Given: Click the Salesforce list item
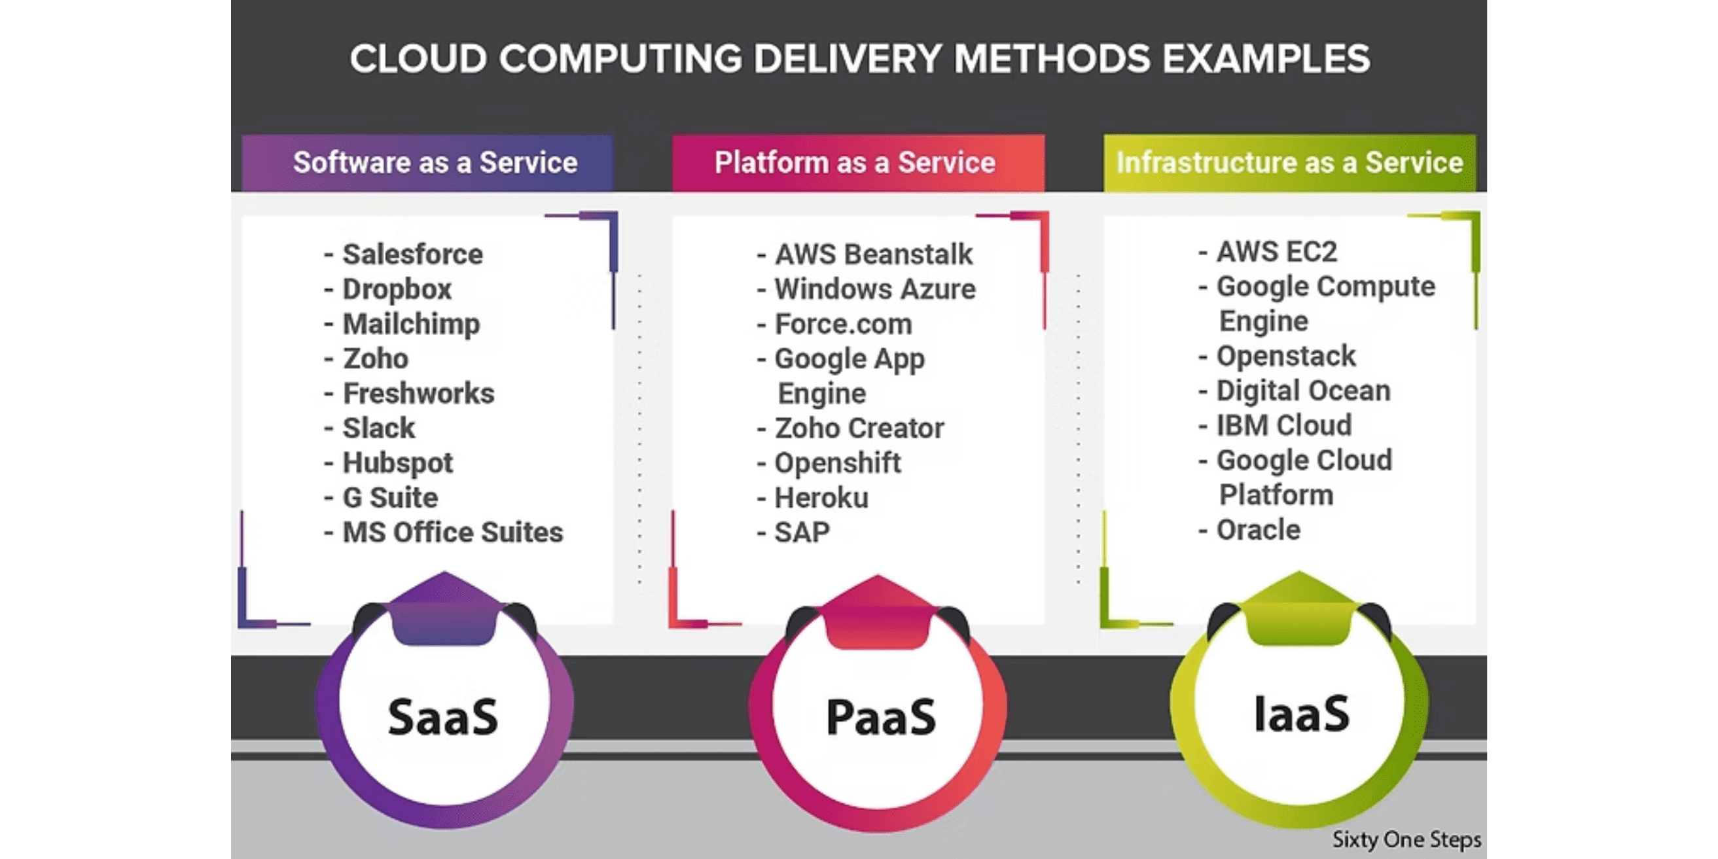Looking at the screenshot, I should point(412,254).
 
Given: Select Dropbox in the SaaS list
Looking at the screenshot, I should point(397,289).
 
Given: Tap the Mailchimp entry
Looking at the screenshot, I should point(411,324).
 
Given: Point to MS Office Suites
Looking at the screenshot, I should point(452,532).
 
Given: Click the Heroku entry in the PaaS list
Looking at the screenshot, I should point(821,497).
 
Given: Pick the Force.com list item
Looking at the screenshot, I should point(843,324).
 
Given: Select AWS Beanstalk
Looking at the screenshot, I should point(873,254).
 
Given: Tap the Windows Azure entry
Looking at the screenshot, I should point(874,289).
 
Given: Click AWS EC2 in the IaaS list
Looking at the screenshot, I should point(1276,251).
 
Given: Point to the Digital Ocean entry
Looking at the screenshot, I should point(1303,391).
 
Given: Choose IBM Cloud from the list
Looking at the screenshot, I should point(1284,425).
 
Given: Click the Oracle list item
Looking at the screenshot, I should point(1258,530).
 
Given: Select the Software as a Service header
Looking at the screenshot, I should point(435,163).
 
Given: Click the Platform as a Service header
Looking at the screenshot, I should point(854,163).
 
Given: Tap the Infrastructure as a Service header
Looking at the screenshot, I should point(1289,163).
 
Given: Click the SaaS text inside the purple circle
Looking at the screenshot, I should point(443,717).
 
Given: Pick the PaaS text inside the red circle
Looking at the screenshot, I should point(880,718).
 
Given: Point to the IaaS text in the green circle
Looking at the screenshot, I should point(1301,714).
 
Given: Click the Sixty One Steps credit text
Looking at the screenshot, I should point(1406,839).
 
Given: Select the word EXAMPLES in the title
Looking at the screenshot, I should point(1266,59).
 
